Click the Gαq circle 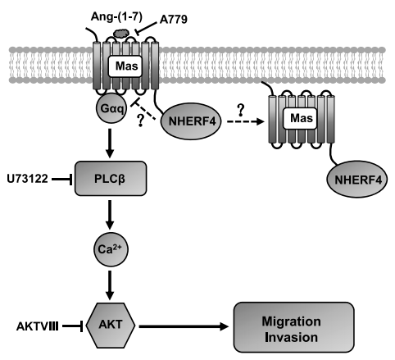[x=111, y=108]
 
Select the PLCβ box [x=111, y=179]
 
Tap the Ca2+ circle [x=111, y=249]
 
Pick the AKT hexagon [x=111, y=325]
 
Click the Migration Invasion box [x=293, y=327]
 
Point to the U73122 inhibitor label [x=27, y=179]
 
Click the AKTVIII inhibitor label [x=37, y=326]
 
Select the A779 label [x=174, y=20]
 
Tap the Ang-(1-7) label [x=116, y=17]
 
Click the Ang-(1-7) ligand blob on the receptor [x=120, y=34]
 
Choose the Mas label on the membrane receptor [x=126, y=66]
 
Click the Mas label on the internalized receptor [x=302, y=118]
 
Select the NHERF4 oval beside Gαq [x=191, y=121]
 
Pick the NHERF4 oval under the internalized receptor [x=356, y=180]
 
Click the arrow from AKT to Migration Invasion [x=184, y=326]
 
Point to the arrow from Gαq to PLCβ [x=110, y=143]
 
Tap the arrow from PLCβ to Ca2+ [x=110, y=215]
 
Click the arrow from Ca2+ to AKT [x=110, y=285]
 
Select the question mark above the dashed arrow [x=240, y=110]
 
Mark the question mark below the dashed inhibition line [x=141, y=121]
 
